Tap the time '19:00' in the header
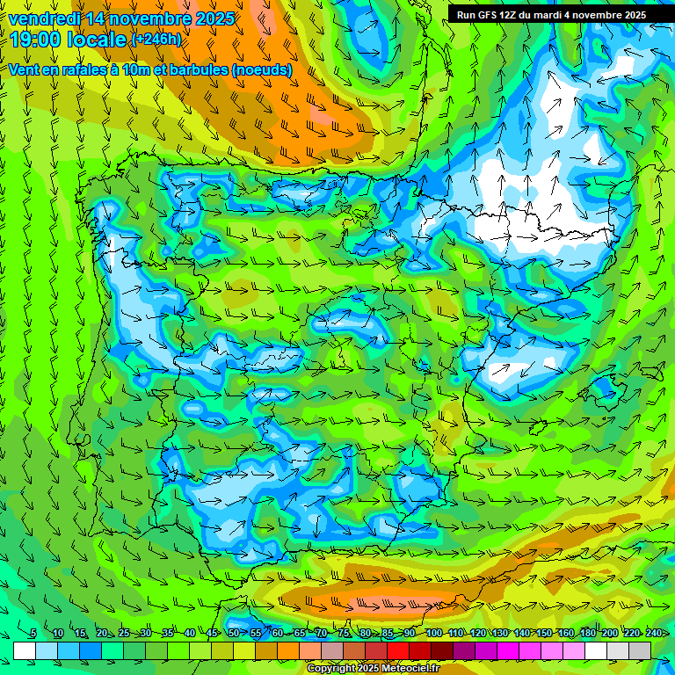pos(34,39)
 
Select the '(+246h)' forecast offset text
pos(156,40)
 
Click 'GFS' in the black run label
pos(490,15)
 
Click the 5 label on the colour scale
pos(33,633)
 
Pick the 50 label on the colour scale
pos(233,633)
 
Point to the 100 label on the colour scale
pos(433,633)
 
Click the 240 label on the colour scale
pos(654,633)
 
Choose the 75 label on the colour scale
pos(344,633)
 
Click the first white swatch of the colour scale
pos(25,650)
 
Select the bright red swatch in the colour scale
pos(398,650)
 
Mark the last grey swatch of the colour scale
pos(640,650)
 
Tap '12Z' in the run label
pos(513,15)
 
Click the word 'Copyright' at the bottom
pos(330,669)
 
